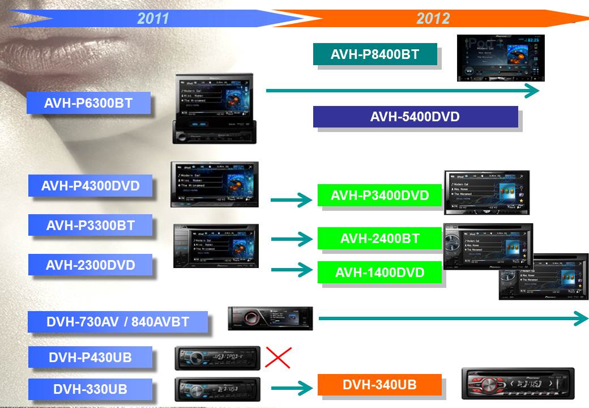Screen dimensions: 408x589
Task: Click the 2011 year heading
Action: click(153, 18)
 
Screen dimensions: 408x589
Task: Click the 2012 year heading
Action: click(433, 18)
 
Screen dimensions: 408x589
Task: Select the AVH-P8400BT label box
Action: click(375, 54)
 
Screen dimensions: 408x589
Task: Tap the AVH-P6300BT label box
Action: click(89, 103)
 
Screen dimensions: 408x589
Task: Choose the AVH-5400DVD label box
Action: click(415, 117)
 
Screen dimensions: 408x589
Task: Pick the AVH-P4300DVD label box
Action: click(91, 186)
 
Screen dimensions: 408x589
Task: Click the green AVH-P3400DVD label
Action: click(379, 195)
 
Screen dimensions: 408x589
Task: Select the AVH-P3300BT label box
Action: click(91, 225)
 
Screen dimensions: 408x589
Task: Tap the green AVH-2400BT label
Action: click(379, 239)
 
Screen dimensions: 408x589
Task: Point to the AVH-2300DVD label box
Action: click(91, 265)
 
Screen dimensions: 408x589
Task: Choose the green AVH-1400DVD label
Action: click(379, 273)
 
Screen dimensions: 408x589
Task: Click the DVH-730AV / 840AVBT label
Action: click(118, 322)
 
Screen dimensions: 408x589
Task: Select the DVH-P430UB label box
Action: click(91, 358)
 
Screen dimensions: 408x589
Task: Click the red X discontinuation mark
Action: click(278, 358)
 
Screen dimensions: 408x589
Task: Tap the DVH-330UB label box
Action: click(91, 389)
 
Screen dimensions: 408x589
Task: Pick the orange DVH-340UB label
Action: click(379, 385)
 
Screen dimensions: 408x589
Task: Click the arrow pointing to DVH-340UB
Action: click(292, 388)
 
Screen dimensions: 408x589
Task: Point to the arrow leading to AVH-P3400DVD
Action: click(292, 199)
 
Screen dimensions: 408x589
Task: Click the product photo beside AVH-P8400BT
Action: click(501, 58)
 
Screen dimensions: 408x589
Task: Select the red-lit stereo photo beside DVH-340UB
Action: click(518, 383)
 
